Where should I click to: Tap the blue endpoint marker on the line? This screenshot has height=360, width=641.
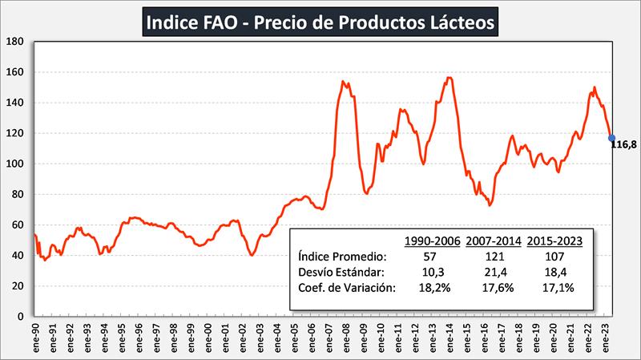[611, 138]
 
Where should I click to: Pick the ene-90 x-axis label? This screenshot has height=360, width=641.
[36, 338]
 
